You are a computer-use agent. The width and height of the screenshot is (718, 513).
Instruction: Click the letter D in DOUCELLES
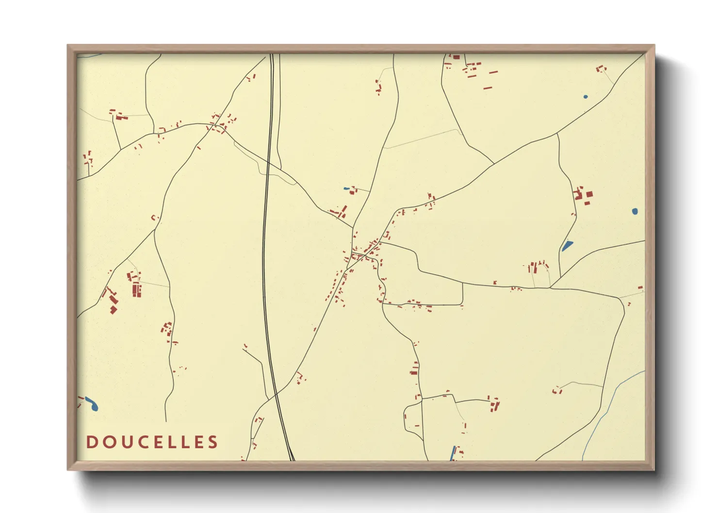click(91, 442)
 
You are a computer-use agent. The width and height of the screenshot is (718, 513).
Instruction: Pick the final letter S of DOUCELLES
click(212, 442)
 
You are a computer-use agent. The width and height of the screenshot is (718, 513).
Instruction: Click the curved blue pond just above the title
click(92, 403)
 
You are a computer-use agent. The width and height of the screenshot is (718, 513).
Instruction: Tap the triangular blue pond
click(567, 246)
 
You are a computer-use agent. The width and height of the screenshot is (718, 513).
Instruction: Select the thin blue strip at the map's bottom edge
click(454, 453)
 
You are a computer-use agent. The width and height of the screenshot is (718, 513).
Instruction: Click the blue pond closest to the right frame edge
click(635, 211)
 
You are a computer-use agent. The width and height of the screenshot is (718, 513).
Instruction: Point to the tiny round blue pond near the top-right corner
click(586, 97)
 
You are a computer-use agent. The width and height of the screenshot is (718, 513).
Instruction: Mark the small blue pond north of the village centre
click(346, 189)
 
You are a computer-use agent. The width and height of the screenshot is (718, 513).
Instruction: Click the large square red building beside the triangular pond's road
click(589, 194)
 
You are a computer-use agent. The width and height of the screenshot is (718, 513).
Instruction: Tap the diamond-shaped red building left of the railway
click(114, 309)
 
